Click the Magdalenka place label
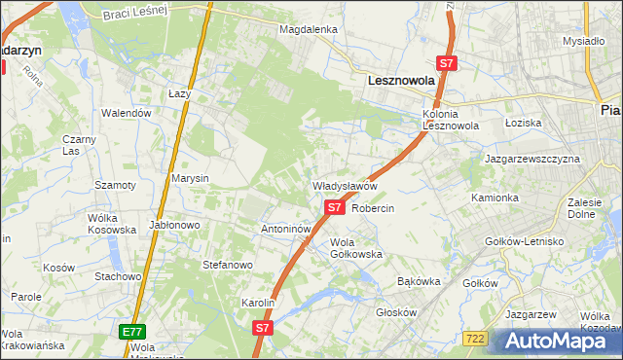coord(308,29)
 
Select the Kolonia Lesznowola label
coord(451,120)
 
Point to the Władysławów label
coord(344,185)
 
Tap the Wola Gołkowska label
coord(356,248)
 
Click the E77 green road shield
coord(132,332)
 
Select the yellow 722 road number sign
coord(475,338)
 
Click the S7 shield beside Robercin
coord(334,207)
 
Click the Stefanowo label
coord(227,264)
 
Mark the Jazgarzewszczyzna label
coord(531,158)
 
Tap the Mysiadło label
coord(584,41)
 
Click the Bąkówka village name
coord(420,281)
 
